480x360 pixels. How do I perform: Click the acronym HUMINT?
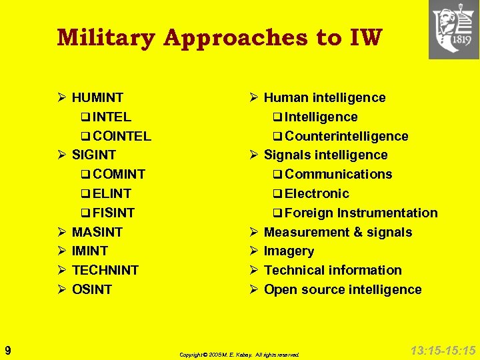97,98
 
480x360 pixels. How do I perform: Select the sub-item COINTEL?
122,136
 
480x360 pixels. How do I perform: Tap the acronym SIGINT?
94,155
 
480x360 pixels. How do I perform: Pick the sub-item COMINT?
119,175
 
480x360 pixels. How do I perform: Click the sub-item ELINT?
112,194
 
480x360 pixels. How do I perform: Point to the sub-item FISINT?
114,213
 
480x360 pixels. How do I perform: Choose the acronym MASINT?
97,233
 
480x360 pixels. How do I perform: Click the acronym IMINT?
90,251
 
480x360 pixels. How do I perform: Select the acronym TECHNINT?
105,271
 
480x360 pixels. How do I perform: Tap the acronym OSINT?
92,290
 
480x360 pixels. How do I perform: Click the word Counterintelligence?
346,136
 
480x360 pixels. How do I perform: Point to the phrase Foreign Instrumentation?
361,213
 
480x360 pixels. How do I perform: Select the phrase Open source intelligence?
343,290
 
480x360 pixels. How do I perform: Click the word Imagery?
289,251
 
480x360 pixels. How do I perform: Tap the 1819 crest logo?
453,29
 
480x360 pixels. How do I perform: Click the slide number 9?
7,350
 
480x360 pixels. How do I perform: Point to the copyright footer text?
239,355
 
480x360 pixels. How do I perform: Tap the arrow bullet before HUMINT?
60,98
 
